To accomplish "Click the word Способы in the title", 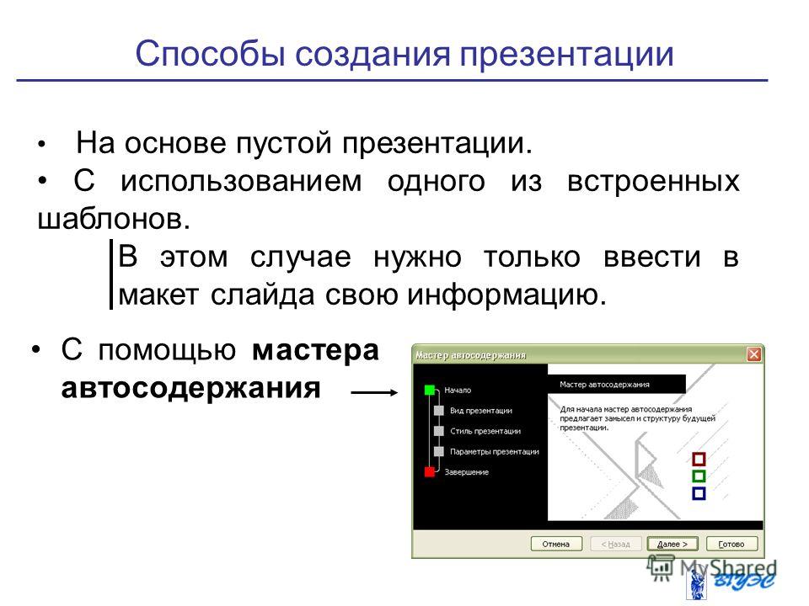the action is [210, 55].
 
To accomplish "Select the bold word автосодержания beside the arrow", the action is [191, 388].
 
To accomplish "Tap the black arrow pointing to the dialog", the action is [374, 393].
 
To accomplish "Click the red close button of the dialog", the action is [753, 354].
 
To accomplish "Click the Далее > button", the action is [672, 545].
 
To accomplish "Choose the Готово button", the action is [731, 545].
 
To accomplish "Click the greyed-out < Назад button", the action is [615, 545].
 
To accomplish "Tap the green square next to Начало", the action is [429, 390].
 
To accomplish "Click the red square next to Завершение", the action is [429, 471].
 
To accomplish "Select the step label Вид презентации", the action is [481, 411].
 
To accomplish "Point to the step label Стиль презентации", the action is [485, 431].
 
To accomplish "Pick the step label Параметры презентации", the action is [495, 451].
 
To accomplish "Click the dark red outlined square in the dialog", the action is [699, 459].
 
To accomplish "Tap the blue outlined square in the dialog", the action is [699, 493].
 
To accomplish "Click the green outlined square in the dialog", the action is [699, 476].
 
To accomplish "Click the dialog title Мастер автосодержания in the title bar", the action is [470, 355].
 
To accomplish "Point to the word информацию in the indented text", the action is [506, 295].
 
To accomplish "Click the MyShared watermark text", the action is [728, 568].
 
